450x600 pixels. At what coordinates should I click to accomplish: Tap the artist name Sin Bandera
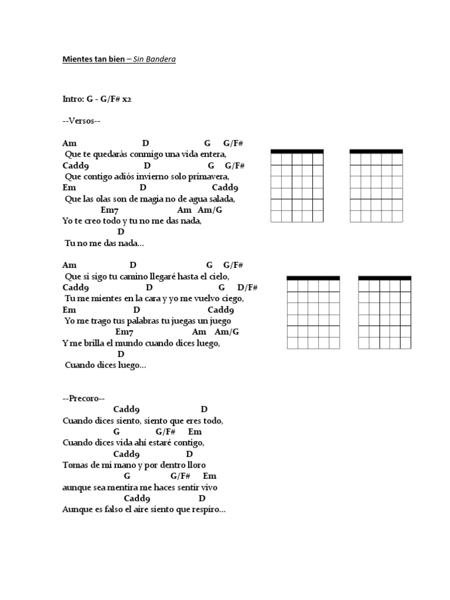155,60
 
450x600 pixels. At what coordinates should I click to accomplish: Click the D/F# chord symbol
247,287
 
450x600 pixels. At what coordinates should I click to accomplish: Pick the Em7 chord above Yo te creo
110,210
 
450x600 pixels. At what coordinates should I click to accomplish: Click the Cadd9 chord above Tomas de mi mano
126,454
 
